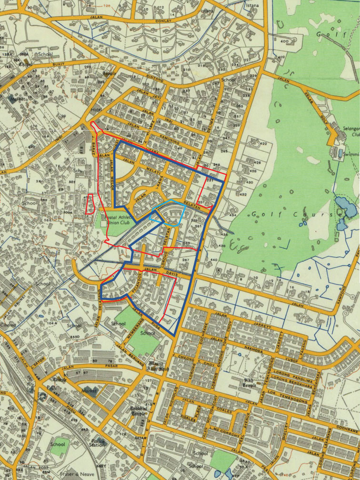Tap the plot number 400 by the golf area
pyautogui.click(x=285, y=42)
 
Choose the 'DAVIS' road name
pyautogui.click(x=172, y=273)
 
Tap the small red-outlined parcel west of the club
pyautogui.click(x=88, y=205)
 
